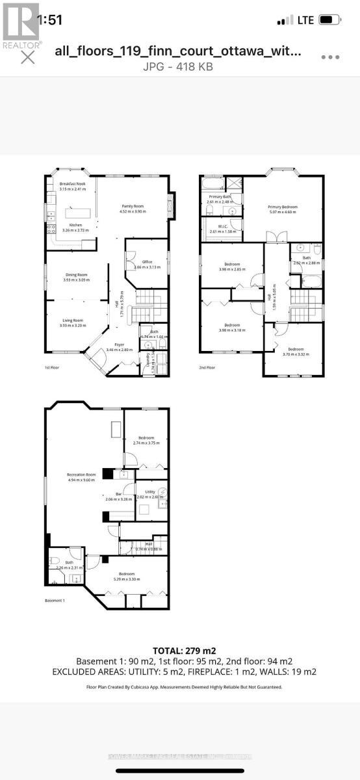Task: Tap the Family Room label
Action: click(x=131, y=209)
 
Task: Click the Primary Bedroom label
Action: click(x=281, y=209)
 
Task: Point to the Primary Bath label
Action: click(x=219, y=199)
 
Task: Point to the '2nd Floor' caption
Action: click(x=208, y=368)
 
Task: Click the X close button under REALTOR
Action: click(x=27, y=57)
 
